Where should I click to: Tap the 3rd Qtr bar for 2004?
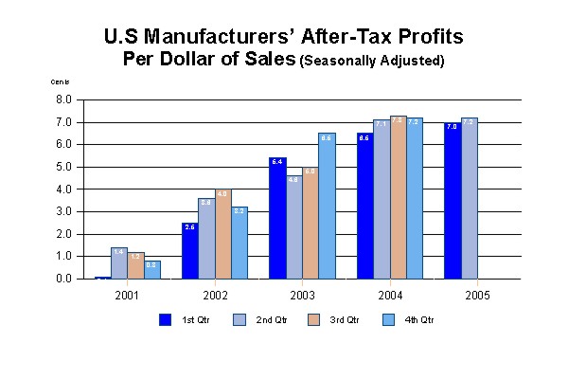pyautogui.click(x=398, y=198)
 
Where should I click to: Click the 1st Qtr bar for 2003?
pyautogui.click(x=276, y=219)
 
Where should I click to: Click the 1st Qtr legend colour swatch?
pyautogui.click(x=164, y=319)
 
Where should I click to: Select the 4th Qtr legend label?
pyautogui.click(x=419, y=320)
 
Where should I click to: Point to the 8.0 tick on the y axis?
pyautogui.click(x=64, y=99)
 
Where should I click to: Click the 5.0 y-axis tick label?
pyautogui.click(x=64, y=167)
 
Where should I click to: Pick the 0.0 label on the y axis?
pyautogui.click(x=64, y=280)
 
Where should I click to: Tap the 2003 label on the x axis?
pyautogui.click(x=302, y=295)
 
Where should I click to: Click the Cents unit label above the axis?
pyautogui.click(x=60, y=81)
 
